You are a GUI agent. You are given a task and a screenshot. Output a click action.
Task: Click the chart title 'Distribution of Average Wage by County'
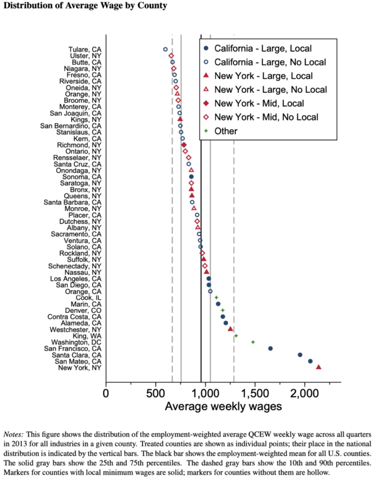point(85,6)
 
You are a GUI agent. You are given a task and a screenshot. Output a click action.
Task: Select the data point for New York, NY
point(319,367)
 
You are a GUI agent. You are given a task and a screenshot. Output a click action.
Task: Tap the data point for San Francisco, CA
point(270,348)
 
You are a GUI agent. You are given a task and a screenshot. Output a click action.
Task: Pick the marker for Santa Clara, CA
point(300,355)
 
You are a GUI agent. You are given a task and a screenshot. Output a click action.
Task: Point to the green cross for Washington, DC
point(253,342)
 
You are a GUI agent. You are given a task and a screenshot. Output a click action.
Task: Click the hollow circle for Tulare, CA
point(165,49)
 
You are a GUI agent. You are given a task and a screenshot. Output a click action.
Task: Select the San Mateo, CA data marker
point(310,361)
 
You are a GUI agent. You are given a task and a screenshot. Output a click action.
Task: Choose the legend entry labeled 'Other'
point(226,131)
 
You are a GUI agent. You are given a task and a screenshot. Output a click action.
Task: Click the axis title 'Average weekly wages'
point(223,406)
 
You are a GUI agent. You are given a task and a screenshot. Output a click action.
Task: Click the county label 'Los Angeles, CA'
point(76,278)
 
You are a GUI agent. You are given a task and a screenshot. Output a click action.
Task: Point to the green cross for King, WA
point(236,336)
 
